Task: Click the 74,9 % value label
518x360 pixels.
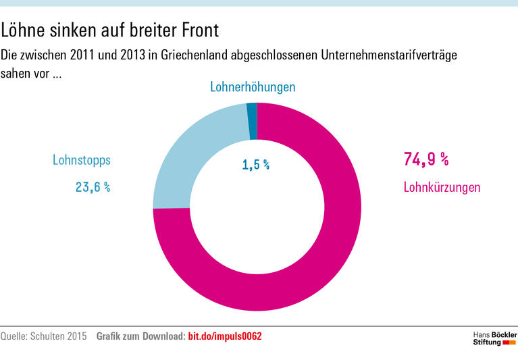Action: (425, 159)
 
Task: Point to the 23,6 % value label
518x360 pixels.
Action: (93, 187)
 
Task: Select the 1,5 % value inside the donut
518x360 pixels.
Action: (255, 165)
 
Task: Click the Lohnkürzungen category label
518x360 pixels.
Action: (442, 187)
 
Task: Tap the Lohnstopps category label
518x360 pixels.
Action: (81, 160)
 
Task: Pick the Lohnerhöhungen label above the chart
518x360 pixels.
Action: (253, 87)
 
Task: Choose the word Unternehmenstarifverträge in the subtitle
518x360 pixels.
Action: (382, 55)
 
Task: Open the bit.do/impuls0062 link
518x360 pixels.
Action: (224, 336)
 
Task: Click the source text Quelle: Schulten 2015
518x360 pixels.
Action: (44, 336)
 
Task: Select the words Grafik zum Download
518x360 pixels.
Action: (140, 336)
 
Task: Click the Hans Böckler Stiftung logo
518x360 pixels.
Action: (494, 338)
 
